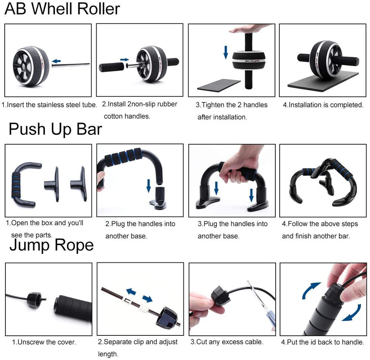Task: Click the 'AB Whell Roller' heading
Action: point(62,9)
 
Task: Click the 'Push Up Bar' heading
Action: point(55,129)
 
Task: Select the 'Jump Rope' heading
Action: point(51,245)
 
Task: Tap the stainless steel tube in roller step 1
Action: point(71,65)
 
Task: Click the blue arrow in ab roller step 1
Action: point(56,61)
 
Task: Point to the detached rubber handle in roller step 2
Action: point(111,67)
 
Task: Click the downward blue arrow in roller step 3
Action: point(225,51)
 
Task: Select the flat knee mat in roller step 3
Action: point(219,86)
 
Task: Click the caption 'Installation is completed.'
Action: point(323,105)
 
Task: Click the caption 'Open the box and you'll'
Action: point(44,223)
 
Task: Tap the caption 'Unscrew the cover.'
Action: point(44,342)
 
